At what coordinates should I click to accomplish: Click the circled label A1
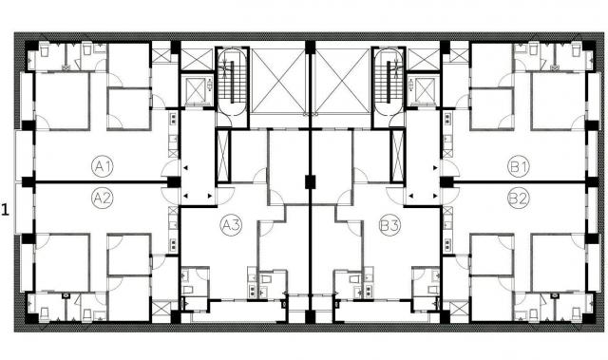[103, 167]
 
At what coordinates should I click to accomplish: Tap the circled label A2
[103, 198]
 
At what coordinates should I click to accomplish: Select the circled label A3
[231, 225]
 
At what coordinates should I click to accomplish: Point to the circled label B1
[519, 167]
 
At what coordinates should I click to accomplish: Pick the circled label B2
[519, 198]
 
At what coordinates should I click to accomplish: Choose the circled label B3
[389, 225]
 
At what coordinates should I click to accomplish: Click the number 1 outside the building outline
[5, 211]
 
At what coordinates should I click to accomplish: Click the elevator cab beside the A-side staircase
[197, 90]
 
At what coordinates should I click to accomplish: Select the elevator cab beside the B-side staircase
[425, 90]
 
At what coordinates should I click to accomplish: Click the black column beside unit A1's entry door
[174, 182]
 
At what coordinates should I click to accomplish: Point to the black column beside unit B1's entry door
[446, 182]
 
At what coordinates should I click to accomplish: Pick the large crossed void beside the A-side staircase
[277, 81]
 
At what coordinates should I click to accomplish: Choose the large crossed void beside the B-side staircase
[342, 81]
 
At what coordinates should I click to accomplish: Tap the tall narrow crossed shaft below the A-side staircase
[223, 156]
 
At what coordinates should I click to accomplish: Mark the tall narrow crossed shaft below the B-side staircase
[398, 156]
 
